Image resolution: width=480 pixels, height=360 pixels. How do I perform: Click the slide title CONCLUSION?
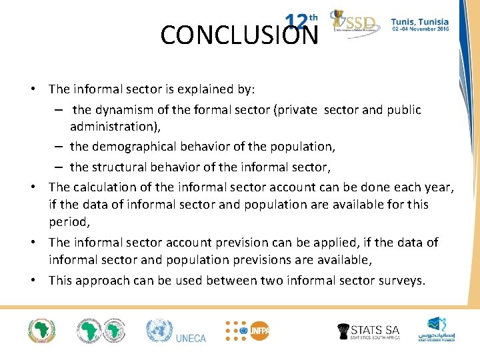click(x=239, y=35)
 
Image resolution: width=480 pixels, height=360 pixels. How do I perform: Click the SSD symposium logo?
click(x=355, y=25)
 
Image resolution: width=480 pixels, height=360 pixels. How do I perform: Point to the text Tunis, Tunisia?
click(x=420, y=21)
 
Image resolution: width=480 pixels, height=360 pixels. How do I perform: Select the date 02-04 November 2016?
click(x=420, y=30)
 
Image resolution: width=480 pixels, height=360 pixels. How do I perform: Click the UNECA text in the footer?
click(x=191, y=338)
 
